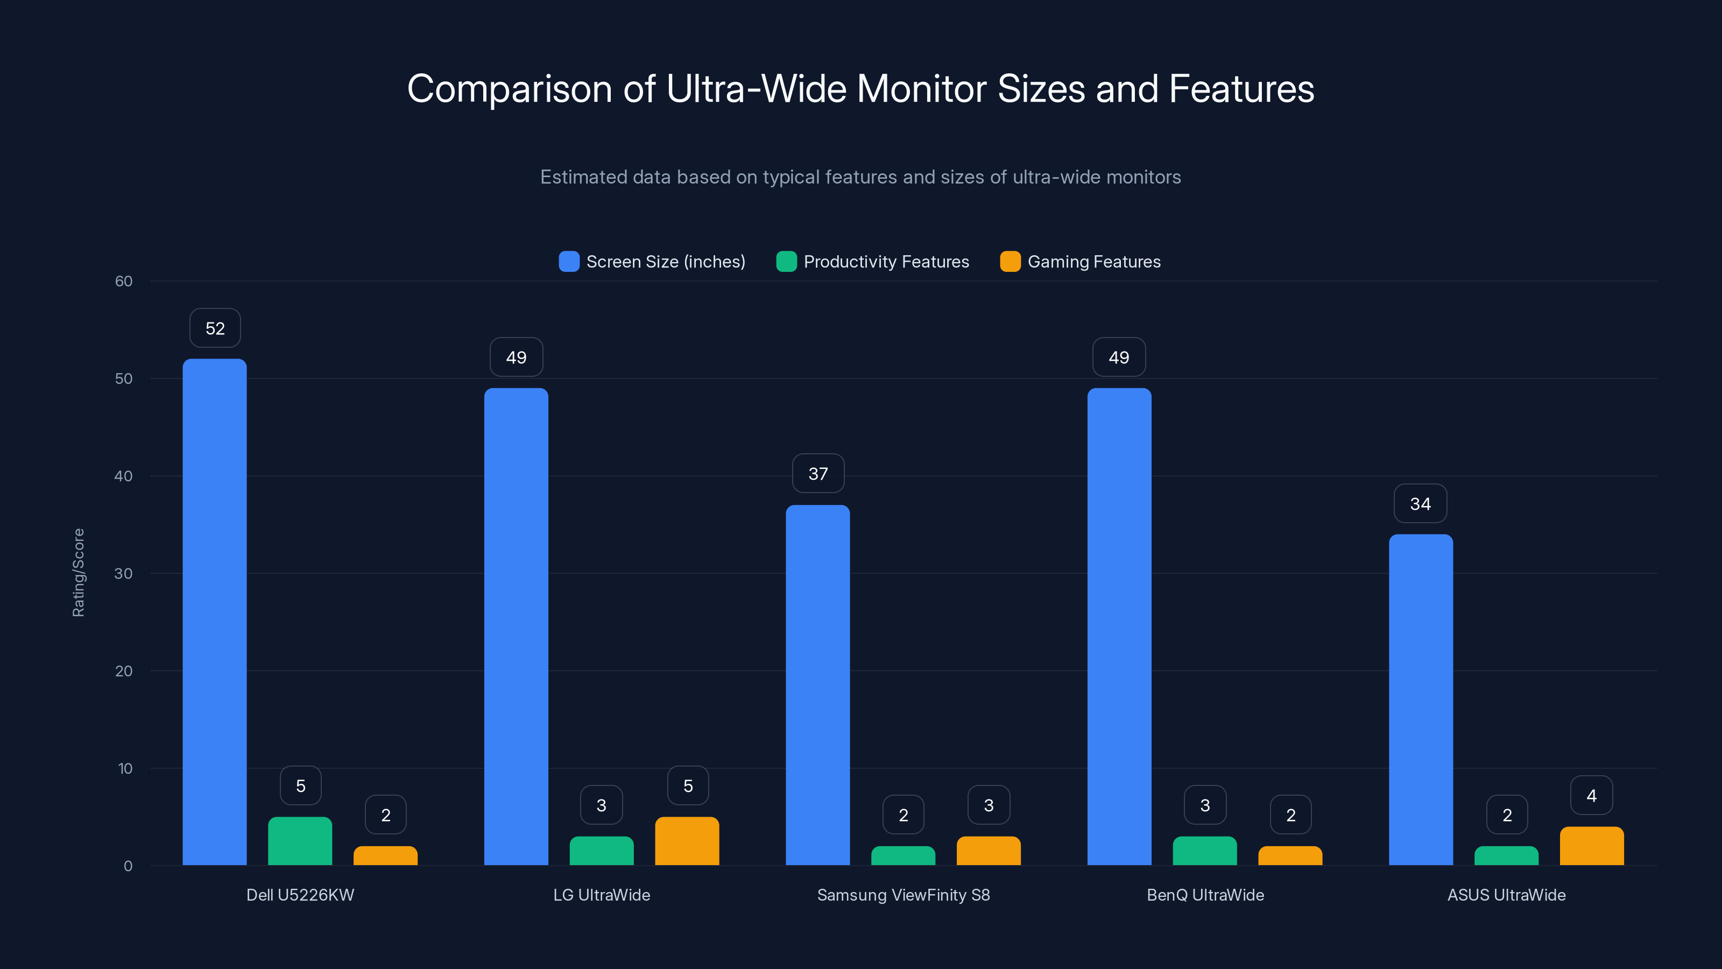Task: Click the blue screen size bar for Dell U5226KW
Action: [x=215, y=612]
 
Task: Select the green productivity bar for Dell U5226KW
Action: [x=300, y=841]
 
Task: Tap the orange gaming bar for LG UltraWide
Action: [x=687, y=841]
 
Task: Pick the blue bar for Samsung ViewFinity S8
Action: [x=817, y=685]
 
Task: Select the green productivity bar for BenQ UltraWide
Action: [x=1205, y=851]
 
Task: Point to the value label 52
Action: [x=215, y=328]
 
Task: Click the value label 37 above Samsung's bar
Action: [x=818, y=474]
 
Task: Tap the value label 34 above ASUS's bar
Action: [x=1421, y=503]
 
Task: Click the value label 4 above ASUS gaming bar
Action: [x=1592, y=796]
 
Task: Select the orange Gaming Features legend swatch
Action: [x=1010, y=262]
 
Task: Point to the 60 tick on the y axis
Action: [x=124, y=282]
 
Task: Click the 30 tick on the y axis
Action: [x=124, y=574]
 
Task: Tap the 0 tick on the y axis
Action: [x=128, y=866]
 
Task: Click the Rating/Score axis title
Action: [x=78, y=572]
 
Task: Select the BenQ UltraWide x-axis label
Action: [x=1205, y=895]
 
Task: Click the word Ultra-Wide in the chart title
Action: [x=756, y=89]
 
